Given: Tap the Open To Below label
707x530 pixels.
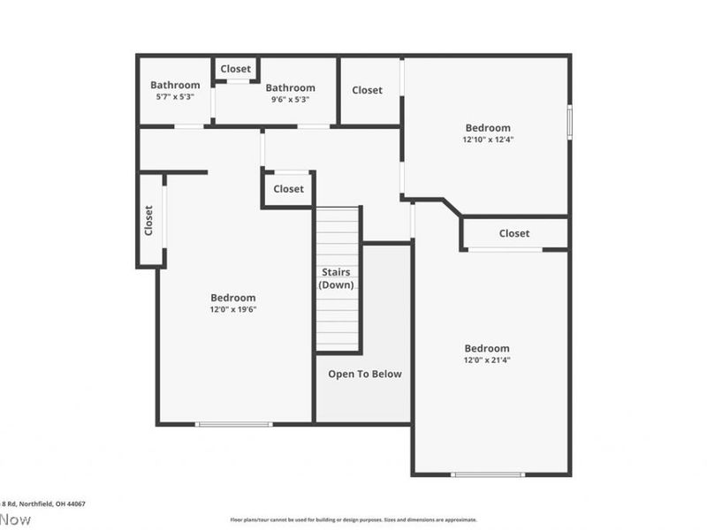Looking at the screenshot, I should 365,374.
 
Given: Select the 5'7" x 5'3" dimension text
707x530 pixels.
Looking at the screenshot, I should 175,97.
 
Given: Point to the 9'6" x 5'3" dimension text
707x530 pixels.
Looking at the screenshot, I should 291,99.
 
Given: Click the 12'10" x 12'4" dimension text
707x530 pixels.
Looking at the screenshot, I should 487,139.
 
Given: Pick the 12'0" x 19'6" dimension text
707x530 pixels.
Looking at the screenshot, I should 233,309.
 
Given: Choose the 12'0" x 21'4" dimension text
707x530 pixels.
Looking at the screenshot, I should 487,360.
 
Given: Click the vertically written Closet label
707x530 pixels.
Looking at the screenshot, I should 148,221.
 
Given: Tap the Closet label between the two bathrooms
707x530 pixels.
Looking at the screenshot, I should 236,69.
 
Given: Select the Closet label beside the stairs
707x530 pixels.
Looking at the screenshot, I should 288,189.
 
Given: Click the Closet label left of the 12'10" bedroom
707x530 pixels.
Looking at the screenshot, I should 368,90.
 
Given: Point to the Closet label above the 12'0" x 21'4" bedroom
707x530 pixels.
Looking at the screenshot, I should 514,233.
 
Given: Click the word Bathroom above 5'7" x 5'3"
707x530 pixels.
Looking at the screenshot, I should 175,86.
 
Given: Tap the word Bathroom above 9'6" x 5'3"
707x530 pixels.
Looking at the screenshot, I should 291,87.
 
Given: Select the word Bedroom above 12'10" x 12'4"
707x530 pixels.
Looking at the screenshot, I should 487,127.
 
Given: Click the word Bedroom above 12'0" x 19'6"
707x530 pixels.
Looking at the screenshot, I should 233,298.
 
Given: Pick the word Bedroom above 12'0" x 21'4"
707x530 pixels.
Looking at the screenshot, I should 487,348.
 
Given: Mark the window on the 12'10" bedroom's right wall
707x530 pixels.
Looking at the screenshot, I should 569,122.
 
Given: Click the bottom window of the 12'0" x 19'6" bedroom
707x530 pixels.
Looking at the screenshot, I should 234,424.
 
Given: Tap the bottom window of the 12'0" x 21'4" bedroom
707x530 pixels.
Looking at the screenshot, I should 487,474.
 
